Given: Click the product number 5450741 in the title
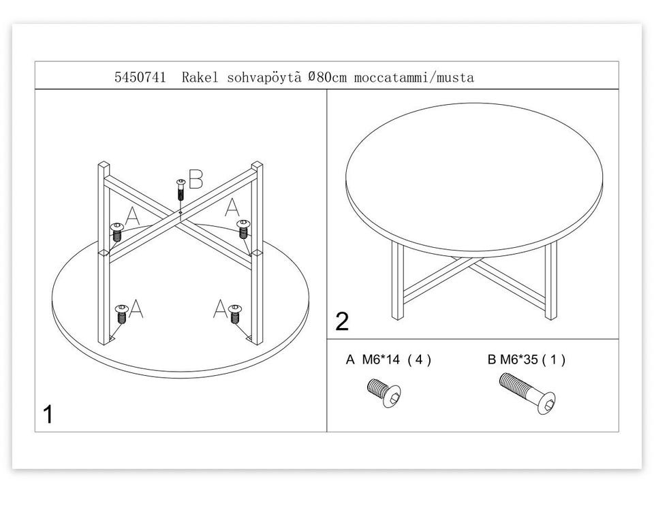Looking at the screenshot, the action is pos(140,77).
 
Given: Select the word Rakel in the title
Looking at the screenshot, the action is pos(200,77).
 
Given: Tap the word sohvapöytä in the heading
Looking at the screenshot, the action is pos(264,78).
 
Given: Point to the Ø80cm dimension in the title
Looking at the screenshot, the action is pos(328,77).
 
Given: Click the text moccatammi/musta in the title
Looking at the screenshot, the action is pos(414,78).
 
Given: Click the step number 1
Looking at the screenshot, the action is pos(48,415).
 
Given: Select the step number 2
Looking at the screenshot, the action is pos(342,322).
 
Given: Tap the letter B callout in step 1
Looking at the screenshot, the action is pos(196,179).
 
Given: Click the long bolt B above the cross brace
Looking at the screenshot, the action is pos(181,190).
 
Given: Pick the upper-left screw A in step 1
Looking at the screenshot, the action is pos(116,231).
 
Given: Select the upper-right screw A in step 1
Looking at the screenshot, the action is pos(243,229).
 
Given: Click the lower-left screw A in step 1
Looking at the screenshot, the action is pos(121,314).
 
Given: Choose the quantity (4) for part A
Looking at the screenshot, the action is pos(419,359).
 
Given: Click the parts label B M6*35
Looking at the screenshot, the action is pos(512,359).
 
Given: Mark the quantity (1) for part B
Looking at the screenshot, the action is pos(553,359).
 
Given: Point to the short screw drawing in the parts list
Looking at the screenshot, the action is pos(384,392).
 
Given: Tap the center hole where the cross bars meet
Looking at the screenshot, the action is pos(180,212).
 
